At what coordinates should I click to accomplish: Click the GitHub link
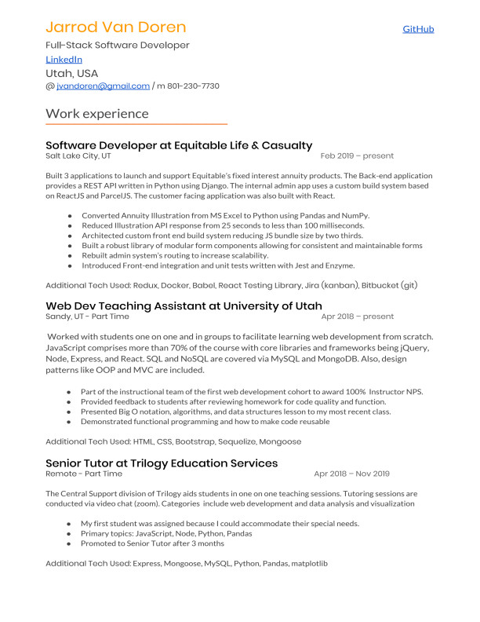pyautogui.click(x=418, y=29)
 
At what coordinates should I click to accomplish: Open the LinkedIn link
pyautogui.click(x=64, y=60)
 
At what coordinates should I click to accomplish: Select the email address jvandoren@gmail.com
pyautogui.click(x=103, y=86)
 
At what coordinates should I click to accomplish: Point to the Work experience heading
pyautogui.click(x=96, y=113)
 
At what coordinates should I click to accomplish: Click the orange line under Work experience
pyautogui.click(x=136, y=124)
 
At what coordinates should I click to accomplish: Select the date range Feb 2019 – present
pyautogui.click(x=357, y=156)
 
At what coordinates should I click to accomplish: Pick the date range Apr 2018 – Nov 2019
pyautogui.click(x=351, y=474)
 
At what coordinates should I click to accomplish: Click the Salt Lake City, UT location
pyautogui.click(x=78, y=156)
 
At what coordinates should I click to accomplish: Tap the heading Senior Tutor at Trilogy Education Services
pyautogui.click(x=162, y=463)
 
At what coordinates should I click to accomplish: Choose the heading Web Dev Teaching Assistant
pyautogui.click(x=184, y=306)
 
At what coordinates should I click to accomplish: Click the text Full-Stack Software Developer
pyautogui.click(x=118, y=45)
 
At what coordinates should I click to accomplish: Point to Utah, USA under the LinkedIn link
pyautogui.click(x=72, y=73)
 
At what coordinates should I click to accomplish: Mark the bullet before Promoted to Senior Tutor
pyautogui.click(x=70, y=543)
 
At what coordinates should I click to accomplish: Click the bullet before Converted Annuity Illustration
pyautogui.click(x=70, y=215)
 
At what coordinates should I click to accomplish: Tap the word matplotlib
pyautogui.click(x=309, y=564)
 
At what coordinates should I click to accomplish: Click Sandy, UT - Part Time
pyautogui.click(x=87, y=316)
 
